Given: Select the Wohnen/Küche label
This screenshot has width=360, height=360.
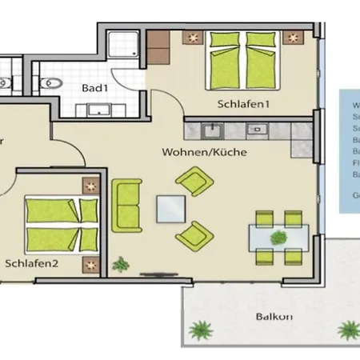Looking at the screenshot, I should (x=203, y=151).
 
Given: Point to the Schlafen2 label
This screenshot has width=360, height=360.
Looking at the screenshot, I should (x=30, y=262).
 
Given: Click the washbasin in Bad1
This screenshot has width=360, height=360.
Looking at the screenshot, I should (x=98, y=110).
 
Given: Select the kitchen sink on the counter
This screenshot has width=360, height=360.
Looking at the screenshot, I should (x=211, y=128).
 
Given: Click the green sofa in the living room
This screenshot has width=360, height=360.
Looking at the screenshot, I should (x=126, y=205).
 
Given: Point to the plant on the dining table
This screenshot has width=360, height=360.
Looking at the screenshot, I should (x=278, y=237).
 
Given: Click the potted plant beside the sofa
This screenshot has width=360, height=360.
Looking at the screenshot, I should (x=121, y=262).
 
